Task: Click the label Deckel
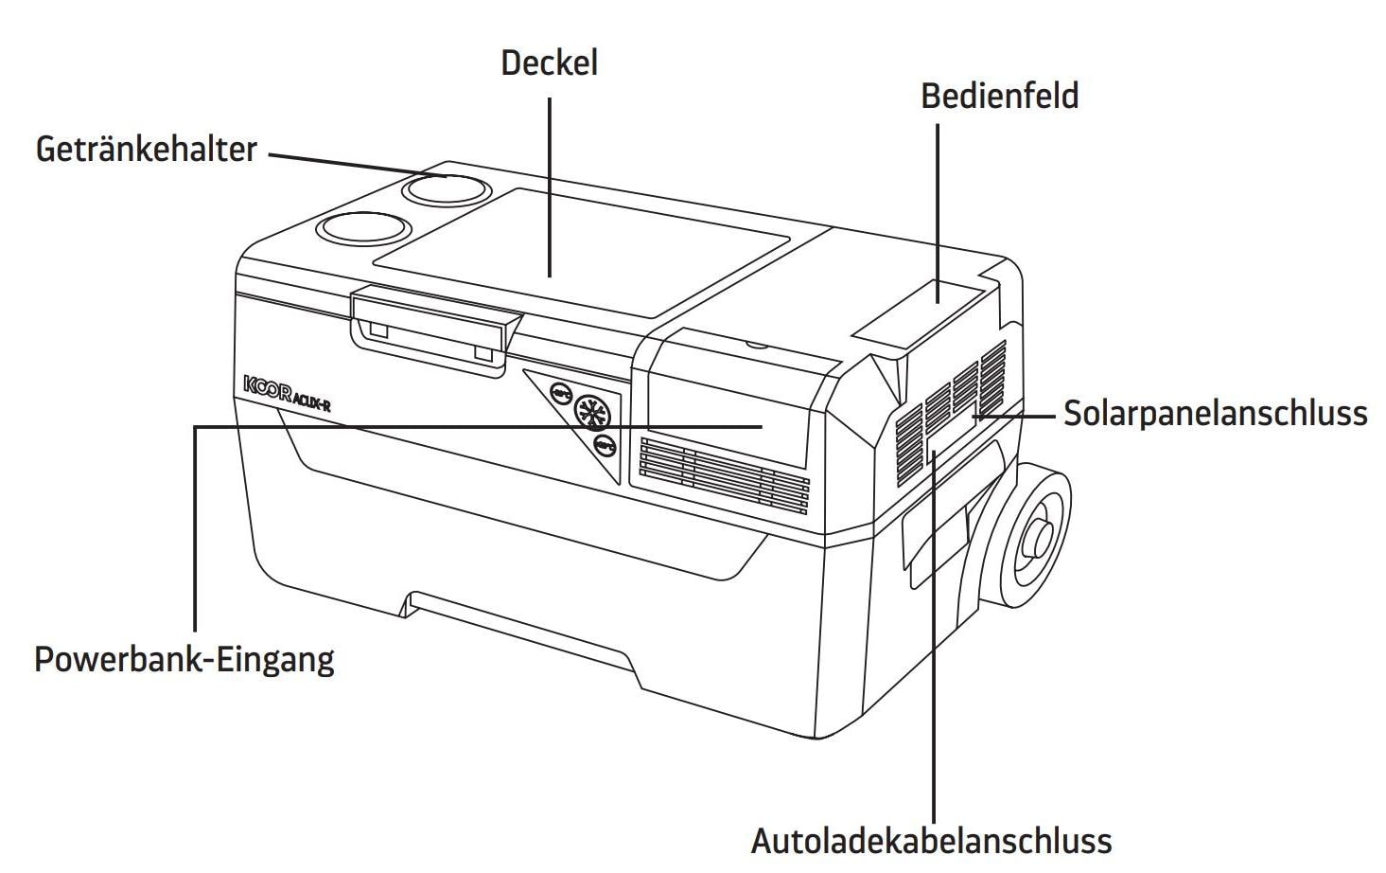click(549, 63)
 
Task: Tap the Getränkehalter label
click(147, 150)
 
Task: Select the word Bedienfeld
click(999, 97)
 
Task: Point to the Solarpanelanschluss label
click(1215, 414)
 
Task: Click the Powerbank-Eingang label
click(184, 659)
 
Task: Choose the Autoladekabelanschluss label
click(931, 840)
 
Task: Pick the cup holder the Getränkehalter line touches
click(443, 188)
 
